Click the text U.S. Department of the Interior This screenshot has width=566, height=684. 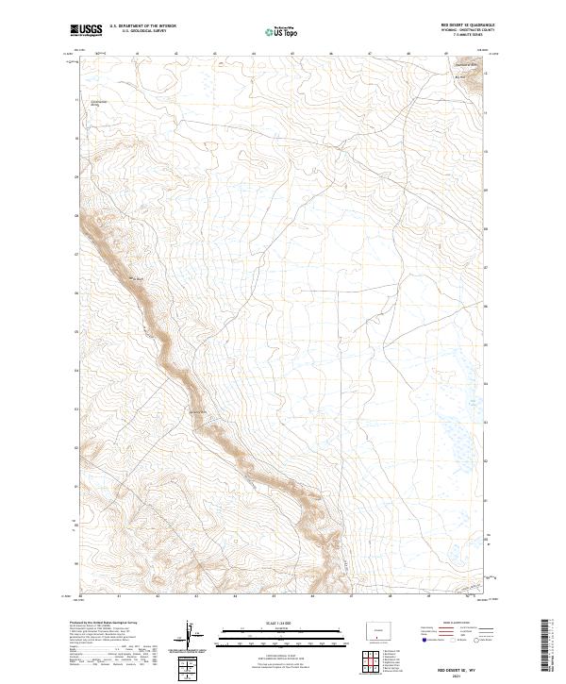(142, 27)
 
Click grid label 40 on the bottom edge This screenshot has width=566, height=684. (81, 596)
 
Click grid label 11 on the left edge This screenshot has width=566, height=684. (75, 98)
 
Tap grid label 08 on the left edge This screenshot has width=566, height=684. (75, 215)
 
